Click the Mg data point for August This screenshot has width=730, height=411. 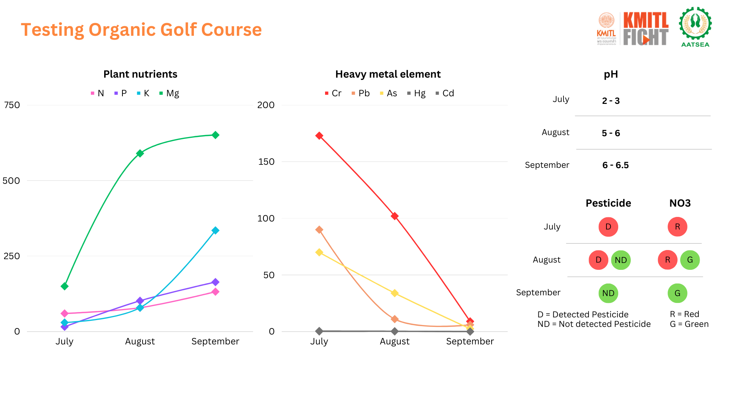pyautogui.click(x=140, y=153)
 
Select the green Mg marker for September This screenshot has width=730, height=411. pyautogui.click(x=215, y=135)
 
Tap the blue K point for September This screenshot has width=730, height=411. pyautogui.click(x=215, y=230)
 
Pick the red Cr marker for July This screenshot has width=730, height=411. pyautogui.click(x=319, y=136)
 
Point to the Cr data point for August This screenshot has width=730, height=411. pyautogui.click(x=395, y=216)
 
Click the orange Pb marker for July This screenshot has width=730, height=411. pyautogui.click(x=319, y=230)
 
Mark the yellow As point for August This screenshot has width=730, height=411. pyautogui.click(x=395, y=293)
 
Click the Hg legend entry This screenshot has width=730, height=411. pyautogui.click(x=416, y=93)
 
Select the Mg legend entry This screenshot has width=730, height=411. pyautogui.click(x=169, y=93)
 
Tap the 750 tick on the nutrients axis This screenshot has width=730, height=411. pyautogui.click(x=12, y=105)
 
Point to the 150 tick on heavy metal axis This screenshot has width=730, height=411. pyautogui.click(x=266, y=162)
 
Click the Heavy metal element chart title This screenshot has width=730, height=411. pyautogui.click(x=388, y=74)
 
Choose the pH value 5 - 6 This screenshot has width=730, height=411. pyautogui.click(x=611, y=133)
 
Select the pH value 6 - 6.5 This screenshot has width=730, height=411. pyautogui.click(x=616, y=165)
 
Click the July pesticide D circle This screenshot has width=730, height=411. pyautogui.click(x=608, y=227)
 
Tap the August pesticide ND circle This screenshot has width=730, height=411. pyautogui.click(x=621, y=260)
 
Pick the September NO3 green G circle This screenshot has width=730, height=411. pyautogui.click(x=678, y=293)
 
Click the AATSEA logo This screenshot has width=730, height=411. pyautogui.click(x=695, y=27)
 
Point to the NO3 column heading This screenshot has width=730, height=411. pyautogui.click(x=680, y=203)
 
